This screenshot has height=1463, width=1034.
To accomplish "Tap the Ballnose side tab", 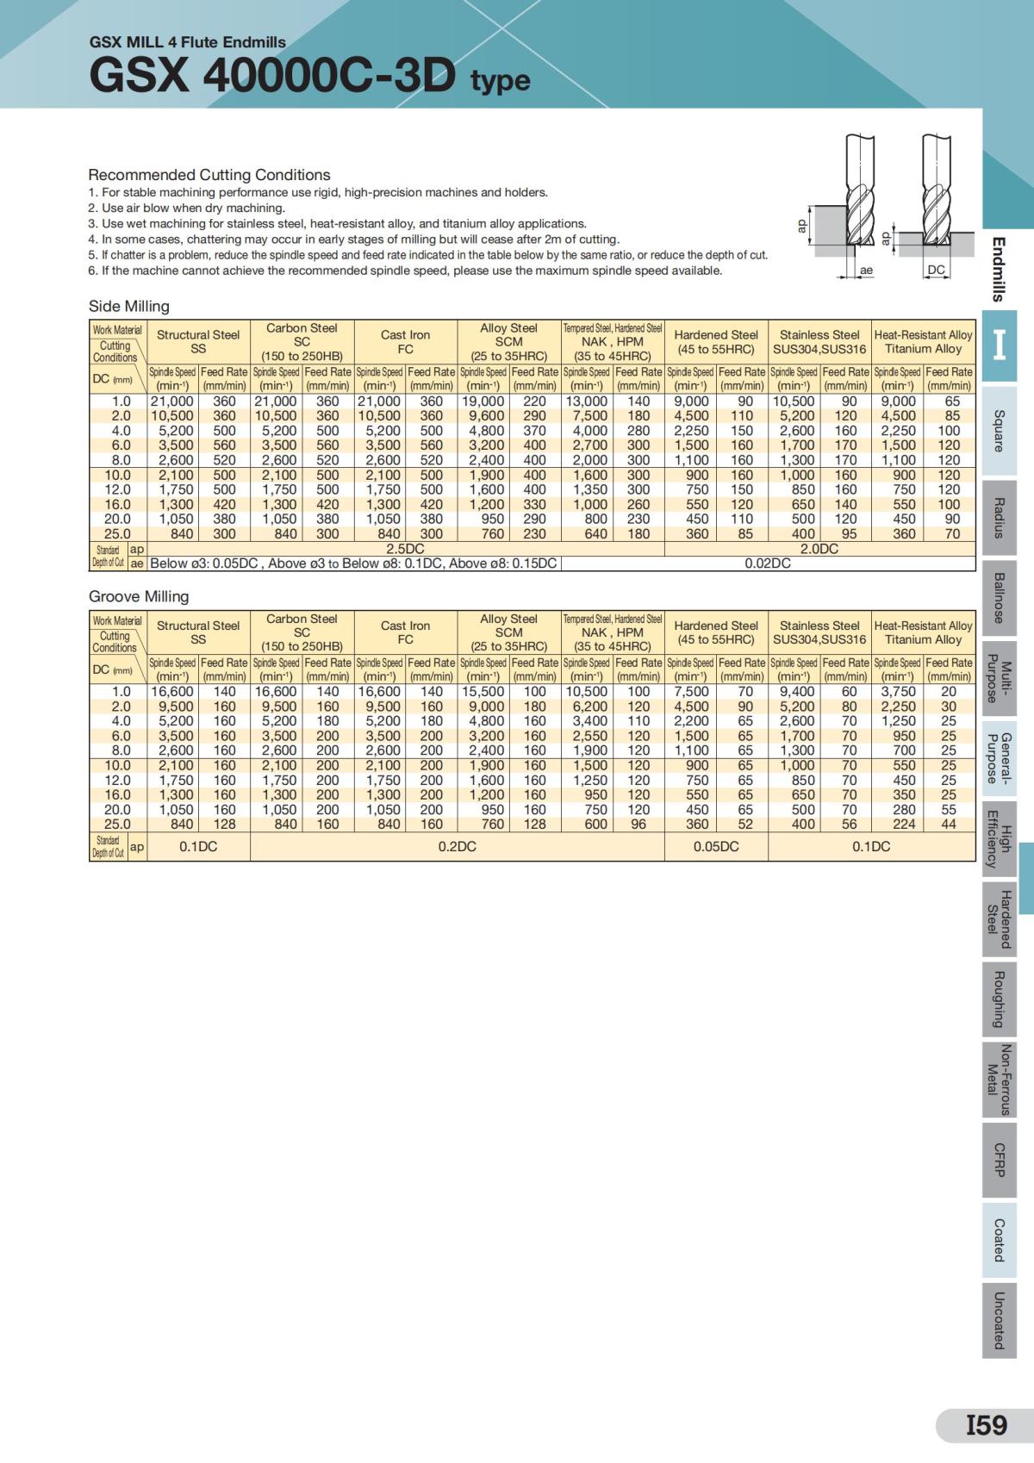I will [x=999, y=597].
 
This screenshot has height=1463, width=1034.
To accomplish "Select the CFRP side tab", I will [x=999, y=1160].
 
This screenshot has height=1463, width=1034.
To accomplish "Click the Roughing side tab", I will [x=999, y=999].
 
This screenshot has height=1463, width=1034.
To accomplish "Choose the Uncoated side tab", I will [x=999, y=1320].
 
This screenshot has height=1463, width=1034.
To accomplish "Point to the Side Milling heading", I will [x=129, y=306].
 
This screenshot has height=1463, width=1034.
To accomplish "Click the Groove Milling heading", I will [x=139, y=596].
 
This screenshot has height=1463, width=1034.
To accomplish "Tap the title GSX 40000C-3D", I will [x=272, y=77].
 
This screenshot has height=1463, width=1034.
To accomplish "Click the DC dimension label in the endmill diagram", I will [x=936, y=270].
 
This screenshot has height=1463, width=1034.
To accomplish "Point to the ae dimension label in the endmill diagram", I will [x=866, y=270].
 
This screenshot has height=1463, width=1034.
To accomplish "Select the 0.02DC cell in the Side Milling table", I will [x=768, y=563].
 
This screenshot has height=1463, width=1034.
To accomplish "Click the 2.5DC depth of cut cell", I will [x=405, y=549].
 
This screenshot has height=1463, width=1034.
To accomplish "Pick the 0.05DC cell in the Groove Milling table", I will [x=716, y=846].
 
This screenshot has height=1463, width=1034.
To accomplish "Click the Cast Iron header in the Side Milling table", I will [x=405, y=341].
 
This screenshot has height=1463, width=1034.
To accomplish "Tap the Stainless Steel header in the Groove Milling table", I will [x=819, y=632].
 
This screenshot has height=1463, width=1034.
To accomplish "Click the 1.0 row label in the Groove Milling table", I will [x=121, y=692].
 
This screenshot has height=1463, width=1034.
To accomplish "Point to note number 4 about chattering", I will [x=353, y=240].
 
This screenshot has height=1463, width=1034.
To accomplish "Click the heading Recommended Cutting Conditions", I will [x=209, y=175].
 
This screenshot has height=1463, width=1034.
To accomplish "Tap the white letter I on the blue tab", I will [x=999, y=345].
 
